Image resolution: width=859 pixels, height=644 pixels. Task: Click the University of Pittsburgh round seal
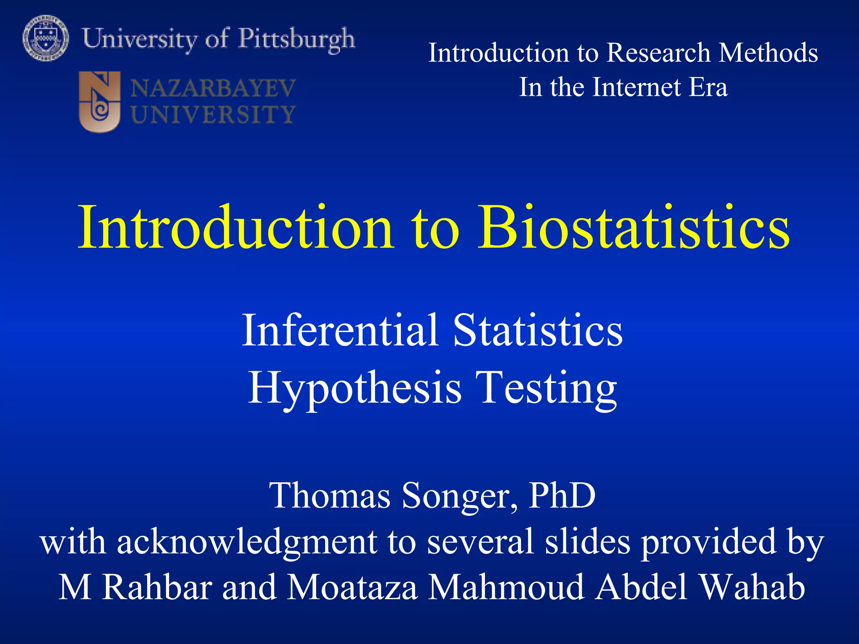click(45, 38)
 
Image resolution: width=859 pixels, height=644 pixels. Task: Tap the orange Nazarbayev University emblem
click(99, 101)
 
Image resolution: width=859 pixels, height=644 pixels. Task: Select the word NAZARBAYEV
click(213, 88)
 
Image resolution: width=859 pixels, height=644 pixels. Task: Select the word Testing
click(546, 388)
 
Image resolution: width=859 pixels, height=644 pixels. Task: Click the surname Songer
click(459, 496)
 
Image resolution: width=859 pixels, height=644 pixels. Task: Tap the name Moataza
click(352, 587)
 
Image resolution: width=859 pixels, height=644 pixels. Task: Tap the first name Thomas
click(330, 496)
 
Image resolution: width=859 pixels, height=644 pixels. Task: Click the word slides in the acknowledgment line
click(587, 542)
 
